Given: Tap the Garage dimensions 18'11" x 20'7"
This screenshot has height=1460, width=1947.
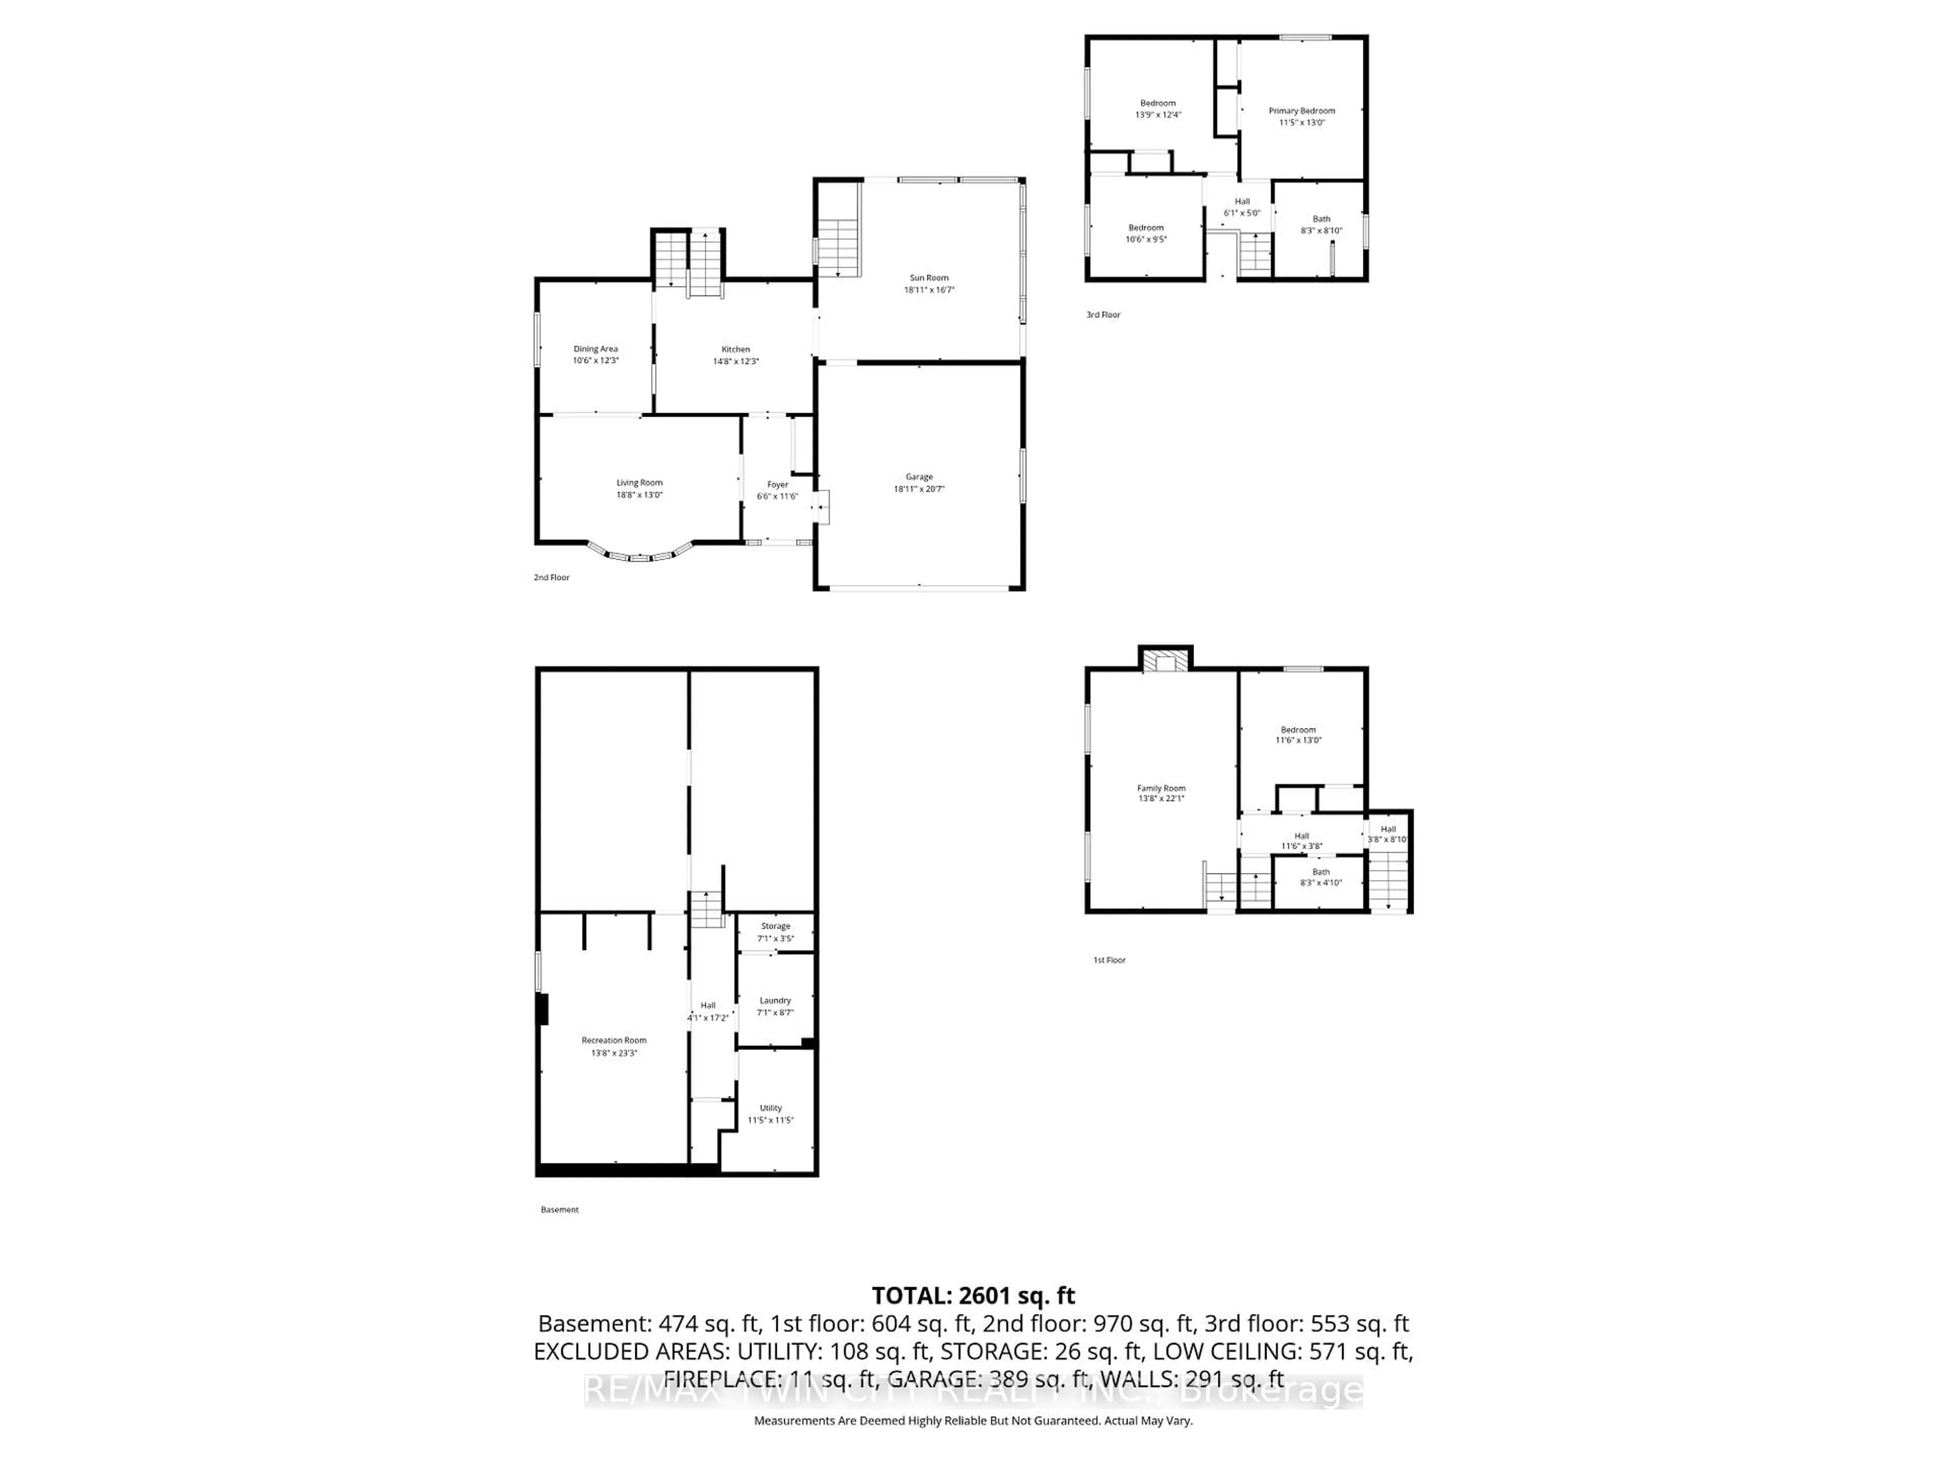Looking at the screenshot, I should [919, 489].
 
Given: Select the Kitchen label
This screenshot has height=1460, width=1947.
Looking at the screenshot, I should [736, 349].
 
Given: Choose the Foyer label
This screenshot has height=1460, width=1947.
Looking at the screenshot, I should [777, 485].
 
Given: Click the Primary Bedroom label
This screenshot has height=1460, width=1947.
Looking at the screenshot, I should [1301, 111].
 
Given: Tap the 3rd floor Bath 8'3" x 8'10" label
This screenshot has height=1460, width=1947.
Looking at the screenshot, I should [1321, 225].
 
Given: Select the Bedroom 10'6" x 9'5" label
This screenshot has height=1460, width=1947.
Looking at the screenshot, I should [1146, 233].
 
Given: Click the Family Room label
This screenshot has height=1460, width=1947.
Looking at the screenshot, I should [1161, 788].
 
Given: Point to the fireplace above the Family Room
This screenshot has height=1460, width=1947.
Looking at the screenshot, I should [1165, 662].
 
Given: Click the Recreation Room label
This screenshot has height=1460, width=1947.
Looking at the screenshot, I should [614, 1040].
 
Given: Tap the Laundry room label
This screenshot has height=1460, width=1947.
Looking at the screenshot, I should [775, 1001].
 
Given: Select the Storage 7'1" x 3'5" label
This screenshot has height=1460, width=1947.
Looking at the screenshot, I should [775, 932].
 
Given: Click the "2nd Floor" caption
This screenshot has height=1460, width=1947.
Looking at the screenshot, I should [552, 577].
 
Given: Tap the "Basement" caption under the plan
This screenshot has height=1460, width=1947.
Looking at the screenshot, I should [560, 1209].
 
